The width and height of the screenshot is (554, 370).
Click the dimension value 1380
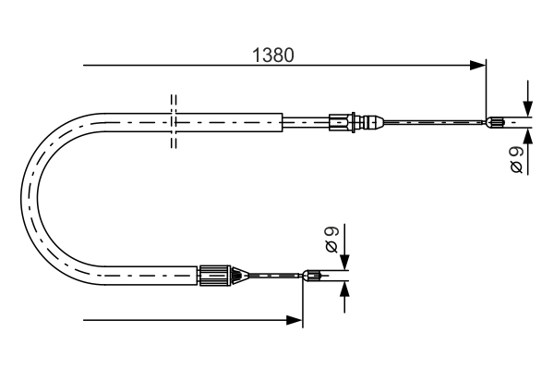click(x=273, y=55)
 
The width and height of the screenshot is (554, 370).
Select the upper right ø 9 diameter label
click(x=517, y=158)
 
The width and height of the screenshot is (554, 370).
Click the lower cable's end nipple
click(x=315, y=274)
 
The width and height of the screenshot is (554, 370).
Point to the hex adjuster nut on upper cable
click(x=342, y=120)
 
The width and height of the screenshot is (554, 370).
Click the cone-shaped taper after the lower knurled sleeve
click(x=237, y=274)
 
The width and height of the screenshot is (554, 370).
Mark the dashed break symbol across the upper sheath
click(x=173, y=120)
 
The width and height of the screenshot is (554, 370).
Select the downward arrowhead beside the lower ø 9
click(x=344, y=259)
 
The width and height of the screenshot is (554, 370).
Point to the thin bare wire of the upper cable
click(x=434, y=121)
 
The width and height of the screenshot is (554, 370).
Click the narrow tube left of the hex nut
click(x=305, y=120)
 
